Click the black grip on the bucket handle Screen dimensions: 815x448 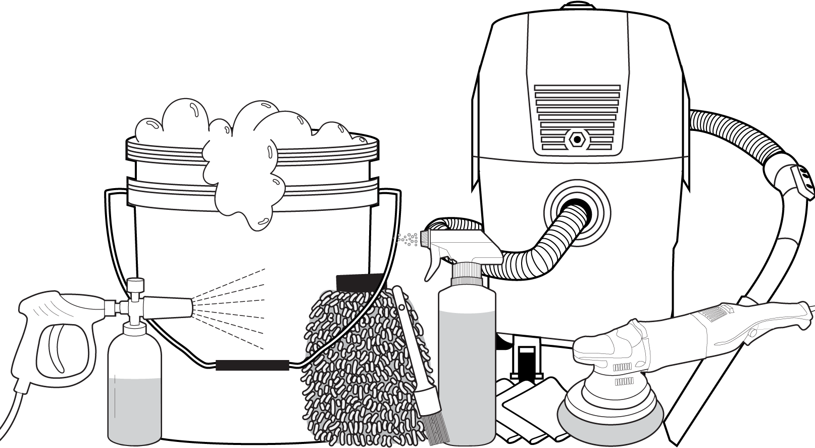(x=252, y=365)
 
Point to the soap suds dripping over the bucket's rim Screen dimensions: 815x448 (x=242, y=182)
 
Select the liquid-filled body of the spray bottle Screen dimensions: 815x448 (x=467, y=369)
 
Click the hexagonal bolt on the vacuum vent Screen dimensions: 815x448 (x=576, y=139)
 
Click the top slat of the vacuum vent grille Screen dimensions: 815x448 (x=577, y=88)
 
